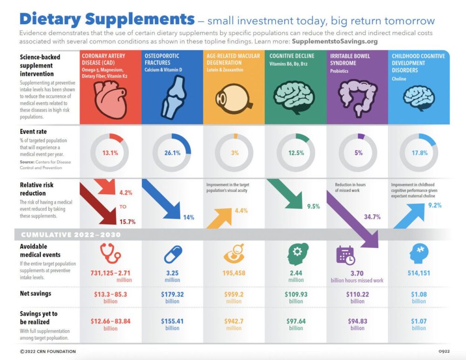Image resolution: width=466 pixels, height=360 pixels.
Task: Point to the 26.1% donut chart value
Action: (x=172, y=153)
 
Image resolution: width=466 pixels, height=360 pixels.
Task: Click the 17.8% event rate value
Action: (x=418, y=153)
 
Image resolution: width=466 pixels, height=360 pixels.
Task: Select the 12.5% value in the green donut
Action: (x=296, y=153)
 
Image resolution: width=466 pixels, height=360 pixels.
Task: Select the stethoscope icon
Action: (x=110, y=254)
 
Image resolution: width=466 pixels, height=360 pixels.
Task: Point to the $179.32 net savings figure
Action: (x=172, y=294)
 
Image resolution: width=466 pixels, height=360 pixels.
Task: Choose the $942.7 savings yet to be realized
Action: (x=234, y=321)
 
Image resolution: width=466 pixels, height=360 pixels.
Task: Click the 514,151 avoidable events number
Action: (x=418, y=273)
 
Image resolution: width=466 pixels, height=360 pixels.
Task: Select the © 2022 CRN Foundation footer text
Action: (x=48, y=351)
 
